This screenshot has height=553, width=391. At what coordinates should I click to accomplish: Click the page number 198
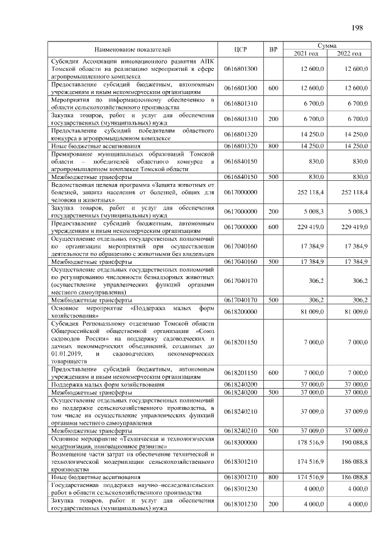[x=357, y=27]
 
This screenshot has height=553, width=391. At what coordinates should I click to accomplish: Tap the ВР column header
[x=273, y=49]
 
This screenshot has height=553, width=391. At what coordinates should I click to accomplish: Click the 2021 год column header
[x=306, y=54]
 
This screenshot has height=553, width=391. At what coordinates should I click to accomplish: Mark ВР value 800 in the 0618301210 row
[x=273, y=476]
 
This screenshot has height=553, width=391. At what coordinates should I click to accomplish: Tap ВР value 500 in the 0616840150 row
[x=273, y=177]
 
